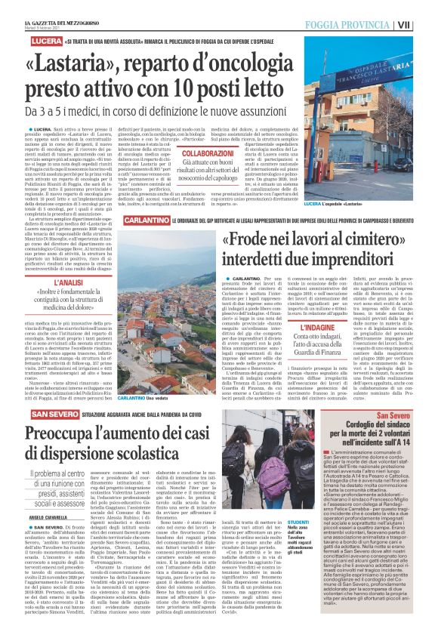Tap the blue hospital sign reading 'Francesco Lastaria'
368,85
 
